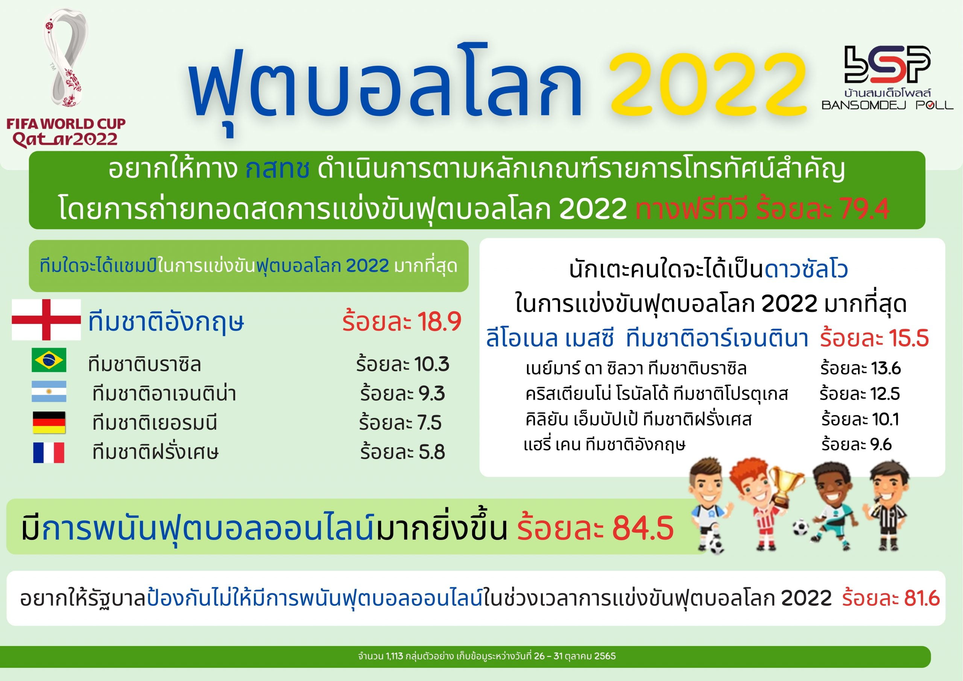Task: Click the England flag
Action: (x=46, y=320)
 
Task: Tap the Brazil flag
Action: (x=49, y=360)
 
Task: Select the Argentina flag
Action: (x=49, y=391)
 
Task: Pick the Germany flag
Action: (x=49, y=423)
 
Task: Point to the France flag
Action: (x=49, y=453)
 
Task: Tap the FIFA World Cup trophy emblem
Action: (x=66, y=59)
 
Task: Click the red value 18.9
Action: (x=439, y=322)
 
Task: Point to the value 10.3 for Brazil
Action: (x=431, y=364)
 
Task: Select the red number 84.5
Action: (x=643, y=528)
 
